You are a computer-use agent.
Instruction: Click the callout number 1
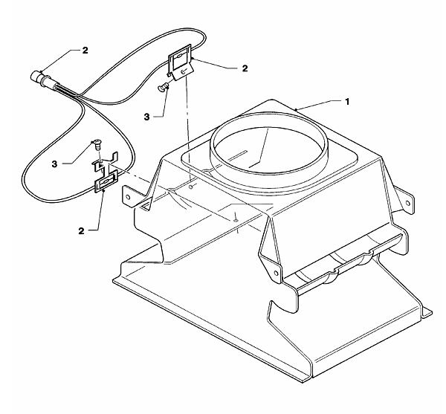tap(347, 102)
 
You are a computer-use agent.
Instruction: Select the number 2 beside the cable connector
tap(85, 51)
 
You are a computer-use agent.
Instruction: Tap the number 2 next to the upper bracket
tap(245, 68)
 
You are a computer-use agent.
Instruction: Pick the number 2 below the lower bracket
tap(81, 231)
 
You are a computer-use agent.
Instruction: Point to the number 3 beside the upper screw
tap(146, 117)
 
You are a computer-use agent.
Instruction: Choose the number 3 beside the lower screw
tap(54, 164)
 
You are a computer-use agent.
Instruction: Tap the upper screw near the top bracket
tap(162, 87)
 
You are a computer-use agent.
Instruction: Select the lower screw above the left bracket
tap(97, 144)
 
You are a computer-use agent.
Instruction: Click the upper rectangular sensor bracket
tap(180, 62)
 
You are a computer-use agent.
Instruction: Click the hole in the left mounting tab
tap(128, 197)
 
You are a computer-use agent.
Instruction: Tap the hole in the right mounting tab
tap(407, 203)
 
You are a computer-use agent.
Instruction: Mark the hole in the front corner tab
tap(276, 274)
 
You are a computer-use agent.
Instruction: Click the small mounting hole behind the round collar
tap(191, 187)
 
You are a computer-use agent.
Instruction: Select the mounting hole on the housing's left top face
tap(236, 220)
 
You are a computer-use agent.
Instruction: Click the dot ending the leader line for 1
tap(296, 109)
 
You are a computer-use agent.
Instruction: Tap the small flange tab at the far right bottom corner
tap(427, 313)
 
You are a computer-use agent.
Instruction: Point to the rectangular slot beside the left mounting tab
tap(145, 206)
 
